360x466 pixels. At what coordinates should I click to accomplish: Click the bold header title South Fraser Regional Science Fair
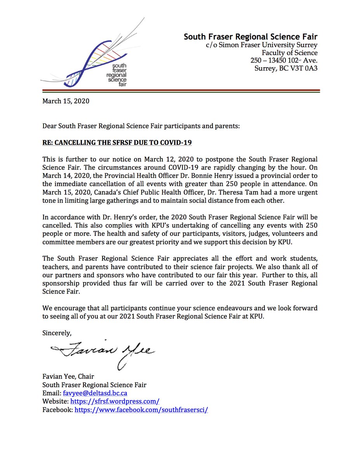tap(250, 37)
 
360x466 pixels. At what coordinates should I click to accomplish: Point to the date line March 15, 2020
tap(66, 101)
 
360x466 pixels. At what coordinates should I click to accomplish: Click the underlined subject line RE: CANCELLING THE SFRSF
tap(117, 143)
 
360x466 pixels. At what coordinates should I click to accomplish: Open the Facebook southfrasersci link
tap(141, 410)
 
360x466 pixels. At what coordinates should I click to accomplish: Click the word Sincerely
tap(57, 333)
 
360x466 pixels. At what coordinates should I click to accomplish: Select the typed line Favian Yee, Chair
tap(68, 376)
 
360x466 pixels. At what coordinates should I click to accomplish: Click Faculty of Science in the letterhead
tap(289, 53)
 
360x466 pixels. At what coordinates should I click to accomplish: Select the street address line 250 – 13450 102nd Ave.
tap(284, 61)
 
